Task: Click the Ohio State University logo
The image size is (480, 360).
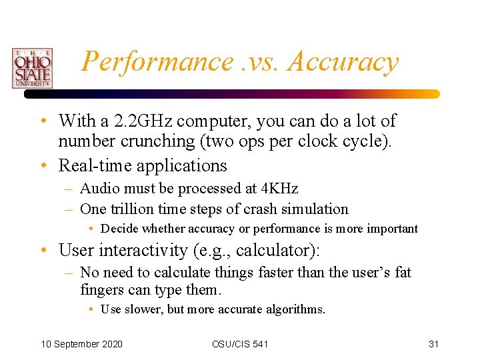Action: [31, 67]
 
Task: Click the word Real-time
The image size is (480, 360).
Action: [93, 165]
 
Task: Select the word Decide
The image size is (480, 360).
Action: [119, 229]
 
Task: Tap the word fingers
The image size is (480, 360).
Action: [102, 290]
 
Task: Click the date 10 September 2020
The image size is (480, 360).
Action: [82, 343]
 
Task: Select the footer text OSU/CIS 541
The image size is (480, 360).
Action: [240, 343]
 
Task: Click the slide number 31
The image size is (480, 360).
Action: [433, 343]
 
